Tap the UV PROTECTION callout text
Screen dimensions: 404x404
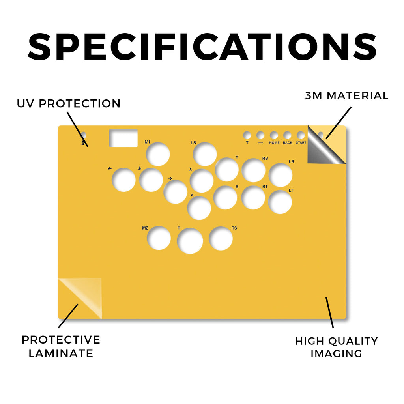pyautogui.click(x=69, y=104)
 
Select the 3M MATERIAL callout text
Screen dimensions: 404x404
pyautogui.click(x=347, y=95)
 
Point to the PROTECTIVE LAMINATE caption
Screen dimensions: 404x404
pyautogui.click(x=61, y=346)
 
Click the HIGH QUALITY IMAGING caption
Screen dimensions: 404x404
pyautogui.click(x=337, y=347)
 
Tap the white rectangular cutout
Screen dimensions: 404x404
pyautogui.click(x=123, y=138)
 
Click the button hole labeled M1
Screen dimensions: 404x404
pyautogui.click(x=158, y=154)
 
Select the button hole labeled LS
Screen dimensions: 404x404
pyautogui.click(x=205, y=154)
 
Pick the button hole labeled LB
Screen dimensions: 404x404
pyautogui.click(x=281, y=175)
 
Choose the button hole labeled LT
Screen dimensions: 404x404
pyautogui.click(x=280, y=202)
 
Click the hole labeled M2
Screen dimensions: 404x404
pyautogui.click(x=159, y=238)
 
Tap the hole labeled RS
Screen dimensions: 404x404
pyautogui.click(x=221, y=238)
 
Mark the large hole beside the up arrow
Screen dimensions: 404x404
pyautogui.click(x=190, y=241)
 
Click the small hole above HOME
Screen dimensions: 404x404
pyautogui.click(x=274, y=135)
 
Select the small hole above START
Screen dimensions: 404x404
pyautogui.click(x=301, y=135)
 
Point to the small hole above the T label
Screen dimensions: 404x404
pyautogui.click(x=247, y=135)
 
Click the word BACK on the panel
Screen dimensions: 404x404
pyautogui.click(x=288, y=142)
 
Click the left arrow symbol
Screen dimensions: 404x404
pyautogui.click(x=110, y=169)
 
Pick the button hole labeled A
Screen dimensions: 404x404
pyautogui.click(x=199, y=208)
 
